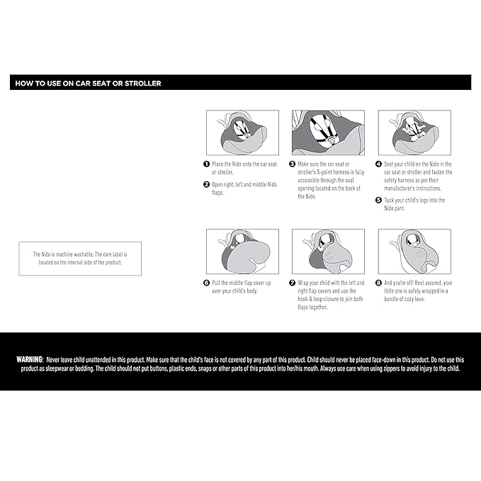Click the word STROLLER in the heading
(x=142, y=84)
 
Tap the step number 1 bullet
(x=206, y=164)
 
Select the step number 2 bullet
(x=206, y=184)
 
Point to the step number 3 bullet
(x=293, y=164)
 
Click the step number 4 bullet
(x=378, y=164)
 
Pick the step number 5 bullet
(x=378, y=200)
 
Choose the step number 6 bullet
(x=206, y=283)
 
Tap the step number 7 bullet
(x=293, y=283)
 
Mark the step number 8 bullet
(x=378, y=283)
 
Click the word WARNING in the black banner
(x=30, y=360)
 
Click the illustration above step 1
(x=243, y=132)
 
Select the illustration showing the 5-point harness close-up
(x=328, y=132)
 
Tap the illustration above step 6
(x=243, y=251)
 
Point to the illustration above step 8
(x=414, y=251)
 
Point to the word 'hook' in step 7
(x=302, y=299)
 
